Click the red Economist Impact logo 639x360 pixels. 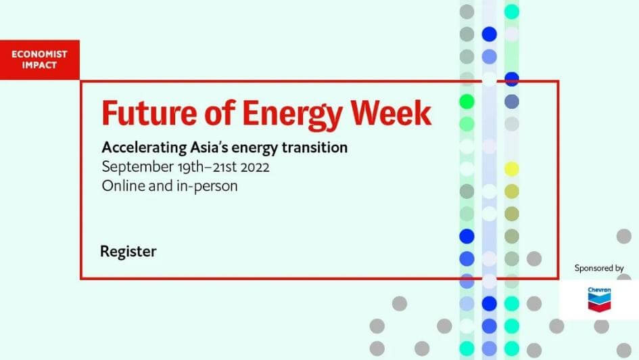coord(40,60)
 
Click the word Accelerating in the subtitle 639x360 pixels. coord(138,147)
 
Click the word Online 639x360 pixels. coord(121,185)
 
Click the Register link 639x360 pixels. coord(128,252)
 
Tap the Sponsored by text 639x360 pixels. coord(598,268)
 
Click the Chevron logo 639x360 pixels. coord(598,298)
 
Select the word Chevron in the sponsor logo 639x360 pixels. coord(598,290)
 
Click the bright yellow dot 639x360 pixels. coord(512,168)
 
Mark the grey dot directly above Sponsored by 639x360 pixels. coord(623,236)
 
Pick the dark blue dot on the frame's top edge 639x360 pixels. coord(512,79)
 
